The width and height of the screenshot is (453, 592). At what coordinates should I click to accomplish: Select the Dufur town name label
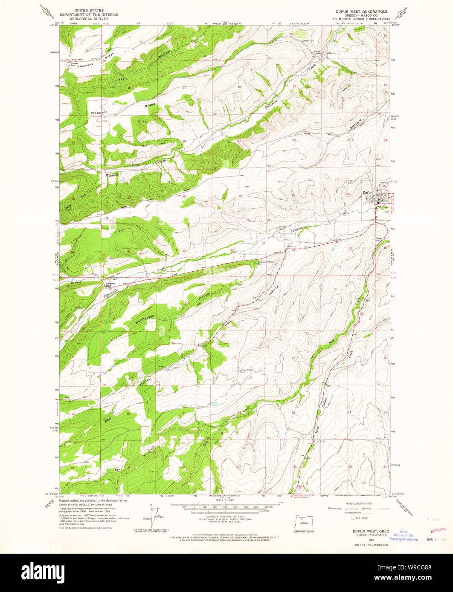click(368, 192)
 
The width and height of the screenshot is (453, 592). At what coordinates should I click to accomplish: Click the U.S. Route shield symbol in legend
click(352, 518)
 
